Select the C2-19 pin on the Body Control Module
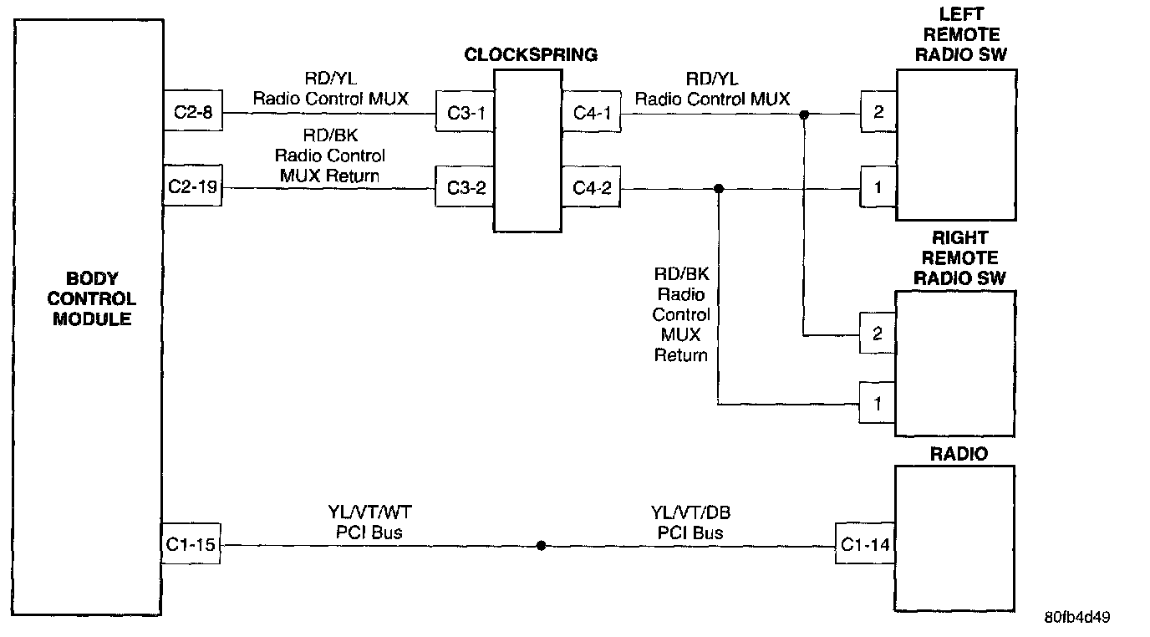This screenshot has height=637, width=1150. click(x=193, y=186)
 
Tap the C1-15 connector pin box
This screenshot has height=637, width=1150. click(x=191, y=546)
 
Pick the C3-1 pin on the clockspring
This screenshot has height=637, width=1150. click(x=466, y=112)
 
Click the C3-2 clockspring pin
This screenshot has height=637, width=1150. click(x=466, y=188)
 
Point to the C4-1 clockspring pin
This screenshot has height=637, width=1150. click(x=592, y=112)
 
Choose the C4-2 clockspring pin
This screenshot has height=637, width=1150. click(x=592, y=188)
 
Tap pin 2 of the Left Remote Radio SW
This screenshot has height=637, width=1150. click(x=878, y=112)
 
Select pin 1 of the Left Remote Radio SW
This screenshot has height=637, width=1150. click(x=878, y=188)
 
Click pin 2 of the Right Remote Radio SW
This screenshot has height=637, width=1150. click(x=878, y=334)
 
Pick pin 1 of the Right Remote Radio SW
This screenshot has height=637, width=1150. click(x=878, y=405)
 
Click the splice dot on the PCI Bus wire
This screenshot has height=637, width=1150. click(x=542, y=546)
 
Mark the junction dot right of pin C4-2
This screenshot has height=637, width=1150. click(x=719, y=189)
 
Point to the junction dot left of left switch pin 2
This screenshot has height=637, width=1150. click(x=804, y=114)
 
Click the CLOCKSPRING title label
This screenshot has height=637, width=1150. click(x=531, y=55)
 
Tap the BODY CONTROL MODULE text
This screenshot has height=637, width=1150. click(x=92, y=299)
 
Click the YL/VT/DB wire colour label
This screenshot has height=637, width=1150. click(x=689, y=512)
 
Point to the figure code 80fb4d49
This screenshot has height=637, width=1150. click(x=1076, y=618)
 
